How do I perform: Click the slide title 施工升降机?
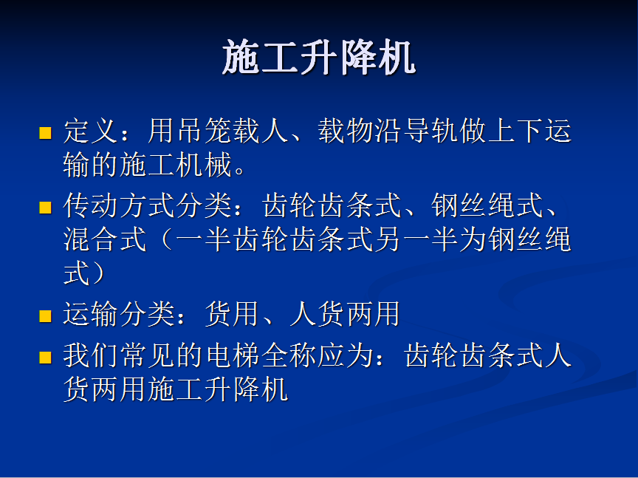coord(318,58)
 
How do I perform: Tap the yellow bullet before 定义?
coord(45,133)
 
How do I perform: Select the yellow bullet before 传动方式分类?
coord(45,208)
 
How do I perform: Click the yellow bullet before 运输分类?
coord(45,316)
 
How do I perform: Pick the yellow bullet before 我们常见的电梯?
coord(45,358)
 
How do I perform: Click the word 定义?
coord(91,131)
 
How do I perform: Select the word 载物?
coord(346,131)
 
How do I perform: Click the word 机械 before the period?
coord(205,165)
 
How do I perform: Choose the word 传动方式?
coord(119,205)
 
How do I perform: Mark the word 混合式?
coord(105,239)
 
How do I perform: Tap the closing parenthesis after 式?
coord(98,273)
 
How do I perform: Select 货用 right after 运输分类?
coord(233,314)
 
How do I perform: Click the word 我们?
coord(91,355)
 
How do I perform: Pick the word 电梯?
coord(233,355)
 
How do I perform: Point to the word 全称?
coord(289,355)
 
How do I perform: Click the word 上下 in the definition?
coord(516,131)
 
